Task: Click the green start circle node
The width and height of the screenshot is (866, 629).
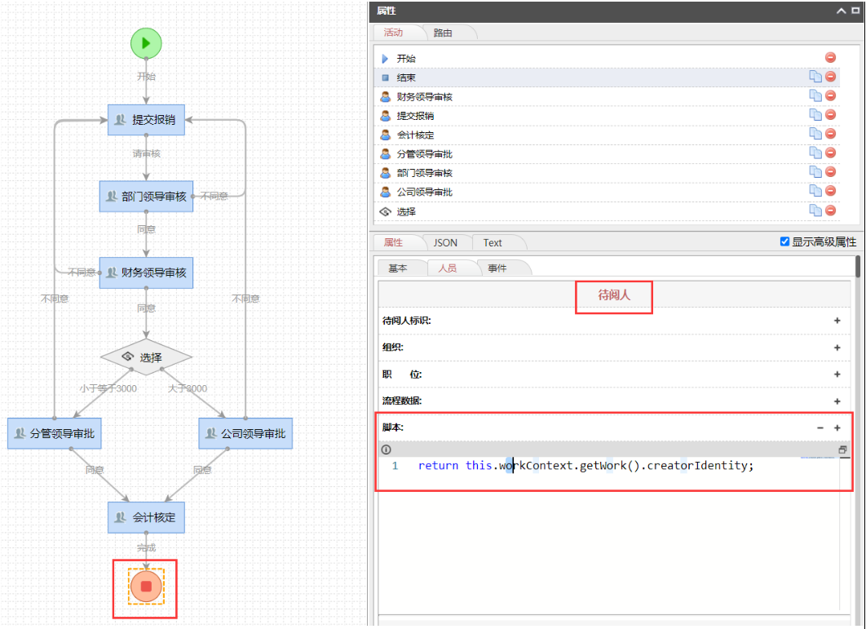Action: [x=146, y=43]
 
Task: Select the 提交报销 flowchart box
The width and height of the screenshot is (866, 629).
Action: [x=146, y=120]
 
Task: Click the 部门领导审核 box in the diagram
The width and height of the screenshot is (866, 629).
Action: [x=146, y=197]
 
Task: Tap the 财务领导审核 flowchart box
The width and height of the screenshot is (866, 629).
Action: [x=146, y=272]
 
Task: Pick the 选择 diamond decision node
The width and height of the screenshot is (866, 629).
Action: [x=146, y=357]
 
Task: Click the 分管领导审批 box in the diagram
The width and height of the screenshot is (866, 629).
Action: [x=55, y=433]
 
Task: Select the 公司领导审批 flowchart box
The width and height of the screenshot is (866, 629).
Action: [x=245, y=433]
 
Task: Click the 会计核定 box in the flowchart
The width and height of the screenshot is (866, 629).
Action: [x=146, y=517]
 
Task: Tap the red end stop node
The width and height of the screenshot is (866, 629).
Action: [x=146, y=586]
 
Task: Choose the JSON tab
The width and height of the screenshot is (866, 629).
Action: [x=445, y=242]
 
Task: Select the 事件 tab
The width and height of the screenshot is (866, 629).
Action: [x=497, y=268]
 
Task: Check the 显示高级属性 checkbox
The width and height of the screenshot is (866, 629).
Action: [x=784, y=241]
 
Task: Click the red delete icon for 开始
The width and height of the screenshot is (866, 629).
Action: [x=830, y=58]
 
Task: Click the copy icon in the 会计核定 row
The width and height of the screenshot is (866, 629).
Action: [x=815, y=134]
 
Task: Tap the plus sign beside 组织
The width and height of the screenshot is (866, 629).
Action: [x=837, y=348]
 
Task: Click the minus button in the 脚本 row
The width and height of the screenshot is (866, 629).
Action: [x=820, y=427]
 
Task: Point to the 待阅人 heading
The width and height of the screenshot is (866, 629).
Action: [x=614, y=296]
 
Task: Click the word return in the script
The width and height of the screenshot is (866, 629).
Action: [x=438, y=465]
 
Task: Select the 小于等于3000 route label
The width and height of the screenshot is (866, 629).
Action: [x=108, y=388]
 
